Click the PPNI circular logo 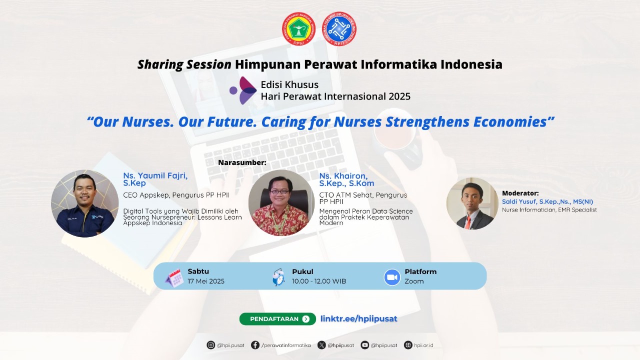(298, 29)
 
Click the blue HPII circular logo (339, 29)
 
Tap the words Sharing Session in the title (184, 64)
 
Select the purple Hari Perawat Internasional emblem (243, 90)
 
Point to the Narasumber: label (242, 162)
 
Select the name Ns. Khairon (343, 175)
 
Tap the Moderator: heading (520, 193)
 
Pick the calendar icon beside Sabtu (174, 277)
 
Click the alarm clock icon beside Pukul (278, 277)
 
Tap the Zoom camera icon (392, 277)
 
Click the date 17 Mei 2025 (206, 281)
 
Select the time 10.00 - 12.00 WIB (319, 281)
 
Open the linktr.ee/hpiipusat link (359, 319)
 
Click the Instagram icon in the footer (210, 345)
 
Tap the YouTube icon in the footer (364, 345)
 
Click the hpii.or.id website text (423, 345)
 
